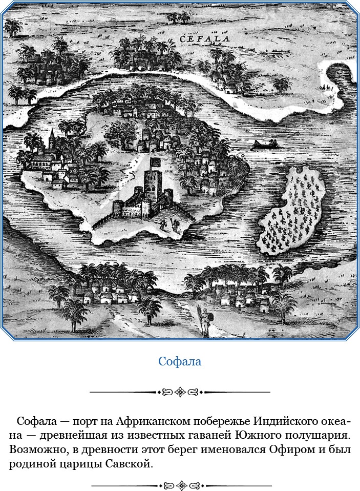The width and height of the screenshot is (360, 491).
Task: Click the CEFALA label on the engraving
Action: pyautogui.click(x=205, y=38)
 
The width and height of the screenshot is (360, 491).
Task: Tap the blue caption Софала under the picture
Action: pyautogui.click(x=180, y=361)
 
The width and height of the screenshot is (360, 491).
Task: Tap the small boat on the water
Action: pyautogui.click(x=265, y=145)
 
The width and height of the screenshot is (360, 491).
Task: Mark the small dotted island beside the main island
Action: pyautogui.click(x=290, y=210)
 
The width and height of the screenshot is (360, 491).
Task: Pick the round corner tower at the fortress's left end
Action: pyautogui.click(x=118, y=208)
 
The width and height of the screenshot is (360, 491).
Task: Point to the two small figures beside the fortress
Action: pyautogui.click(x=169, y=224)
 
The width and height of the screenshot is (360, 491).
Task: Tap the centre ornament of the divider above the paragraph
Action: pyautogui.click(x=180, y=393)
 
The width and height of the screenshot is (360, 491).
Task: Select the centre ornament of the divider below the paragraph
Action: pyautogui.click(x=180, y=485)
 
